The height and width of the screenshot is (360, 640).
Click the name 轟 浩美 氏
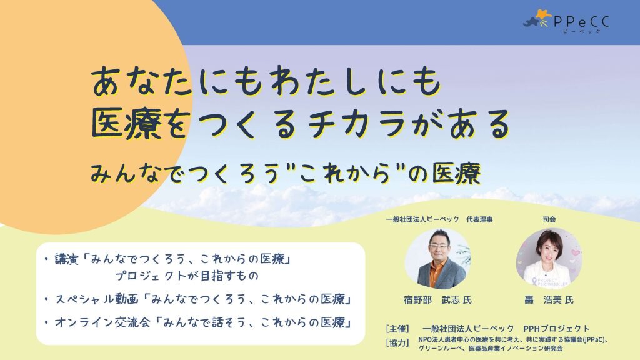click(549, 300)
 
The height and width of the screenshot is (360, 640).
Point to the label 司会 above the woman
click(549, 219)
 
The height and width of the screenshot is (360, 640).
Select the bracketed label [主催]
click(398, 328)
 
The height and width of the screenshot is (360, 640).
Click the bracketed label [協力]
click(398, 342)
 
